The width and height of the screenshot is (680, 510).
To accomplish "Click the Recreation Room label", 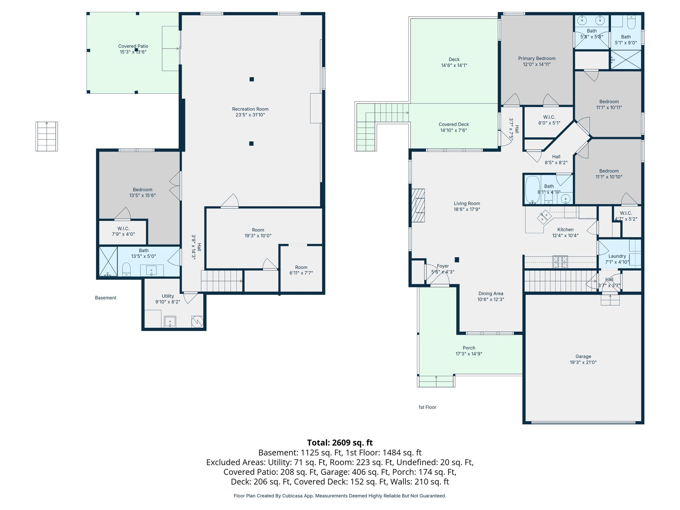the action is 250,109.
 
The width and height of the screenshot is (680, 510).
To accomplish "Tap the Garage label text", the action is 583,357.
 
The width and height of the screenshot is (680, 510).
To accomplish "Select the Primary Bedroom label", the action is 537,58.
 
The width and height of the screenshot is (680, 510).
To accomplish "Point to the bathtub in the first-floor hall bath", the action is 532,190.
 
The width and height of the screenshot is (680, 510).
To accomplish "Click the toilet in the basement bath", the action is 127,269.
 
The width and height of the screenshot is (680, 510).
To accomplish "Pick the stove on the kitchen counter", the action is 560,262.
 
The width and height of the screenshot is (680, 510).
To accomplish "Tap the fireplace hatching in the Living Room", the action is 418,205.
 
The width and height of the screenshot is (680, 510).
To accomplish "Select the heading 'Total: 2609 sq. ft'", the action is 340,443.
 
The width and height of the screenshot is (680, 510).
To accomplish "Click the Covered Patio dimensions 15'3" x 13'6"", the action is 133,52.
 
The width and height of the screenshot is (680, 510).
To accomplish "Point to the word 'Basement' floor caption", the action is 106,298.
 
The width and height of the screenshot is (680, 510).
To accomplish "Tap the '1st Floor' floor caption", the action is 427,407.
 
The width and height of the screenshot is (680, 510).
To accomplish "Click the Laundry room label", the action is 617,256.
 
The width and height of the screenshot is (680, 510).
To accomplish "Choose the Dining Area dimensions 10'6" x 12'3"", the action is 491,299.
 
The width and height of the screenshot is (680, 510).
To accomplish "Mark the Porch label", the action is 469,348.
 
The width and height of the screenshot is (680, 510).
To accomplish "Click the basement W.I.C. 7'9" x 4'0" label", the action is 123,231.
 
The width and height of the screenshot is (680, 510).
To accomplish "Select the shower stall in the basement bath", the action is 108,261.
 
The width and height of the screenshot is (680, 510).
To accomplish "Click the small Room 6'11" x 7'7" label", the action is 301,270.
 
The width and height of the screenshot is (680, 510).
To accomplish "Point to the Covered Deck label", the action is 454,125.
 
